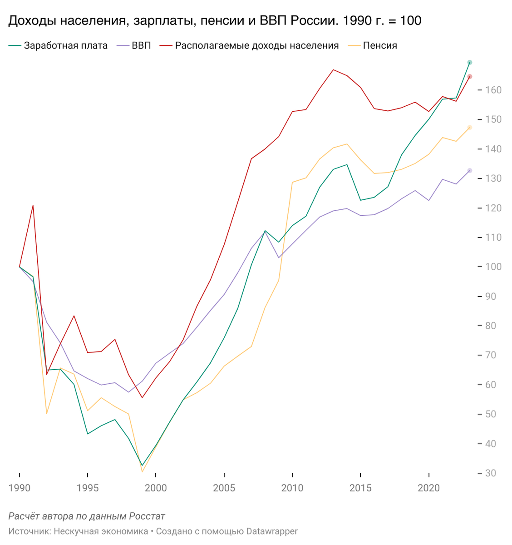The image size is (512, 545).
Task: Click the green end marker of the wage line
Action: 470,62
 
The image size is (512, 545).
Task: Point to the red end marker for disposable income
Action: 470,76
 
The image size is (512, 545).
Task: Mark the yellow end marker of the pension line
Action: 470,128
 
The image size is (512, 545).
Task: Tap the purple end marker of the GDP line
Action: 470,170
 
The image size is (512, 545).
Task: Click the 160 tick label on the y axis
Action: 493,90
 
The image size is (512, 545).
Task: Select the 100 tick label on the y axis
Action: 493,267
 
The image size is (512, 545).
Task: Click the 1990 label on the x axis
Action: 20,488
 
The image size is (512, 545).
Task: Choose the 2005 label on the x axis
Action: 224,488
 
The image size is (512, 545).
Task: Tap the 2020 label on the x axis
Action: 428,488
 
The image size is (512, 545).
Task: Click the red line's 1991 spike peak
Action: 33,205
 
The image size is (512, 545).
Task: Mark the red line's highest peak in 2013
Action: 333,70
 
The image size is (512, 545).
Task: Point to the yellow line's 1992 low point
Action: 47,414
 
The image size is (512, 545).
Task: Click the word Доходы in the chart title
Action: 32,20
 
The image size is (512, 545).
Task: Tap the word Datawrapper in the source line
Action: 272,531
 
